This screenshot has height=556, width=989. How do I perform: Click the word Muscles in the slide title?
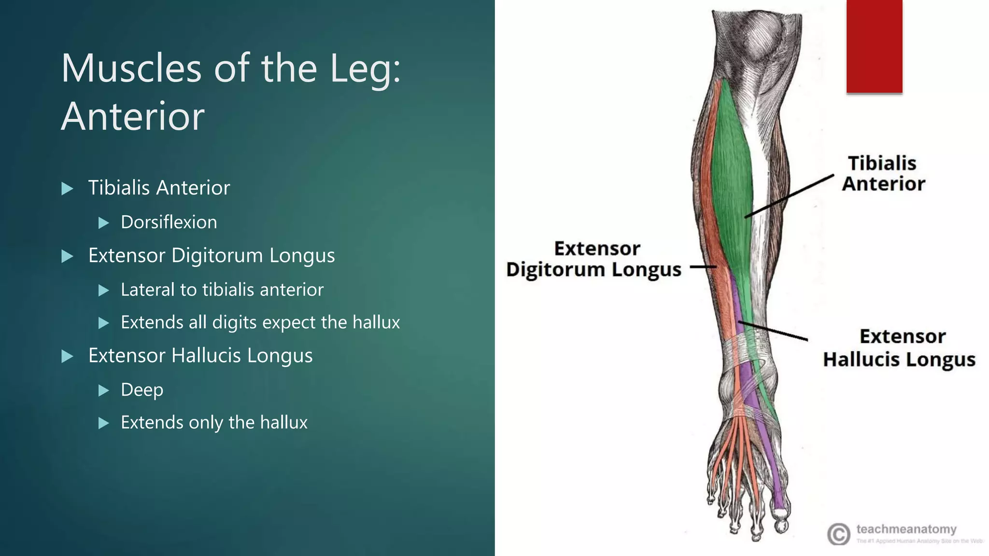coord(131,69)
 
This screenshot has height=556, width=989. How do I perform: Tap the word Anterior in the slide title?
coord(133,116)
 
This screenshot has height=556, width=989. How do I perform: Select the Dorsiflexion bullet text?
coord(169,222)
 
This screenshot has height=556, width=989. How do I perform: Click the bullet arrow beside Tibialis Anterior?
coord(68,188)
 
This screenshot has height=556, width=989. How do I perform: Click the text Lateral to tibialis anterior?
coord(222,290)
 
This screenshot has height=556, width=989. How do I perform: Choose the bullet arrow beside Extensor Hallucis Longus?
coord(68,357)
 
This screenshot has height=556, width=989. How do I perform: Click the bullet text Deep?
coord(141,389)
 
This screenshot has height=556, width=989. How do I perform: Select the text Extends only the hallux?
coord(214,422)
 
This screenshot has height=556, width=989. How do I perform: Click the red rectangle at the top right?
coord(874,46)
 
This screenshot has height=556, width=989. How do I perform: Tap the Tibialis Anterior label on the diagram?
coord(883,173)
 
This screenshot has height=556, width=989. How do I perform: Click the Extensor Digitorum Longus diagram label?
coord(594,259)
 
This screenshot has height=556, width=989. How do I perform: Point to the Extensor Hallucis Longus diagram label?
coord(899,348)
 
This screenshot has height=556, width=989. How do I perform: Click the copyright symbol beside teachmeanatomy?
coord(838,534)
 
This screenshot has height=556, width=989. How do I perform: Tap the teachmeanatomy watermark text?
coord(906,529)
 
